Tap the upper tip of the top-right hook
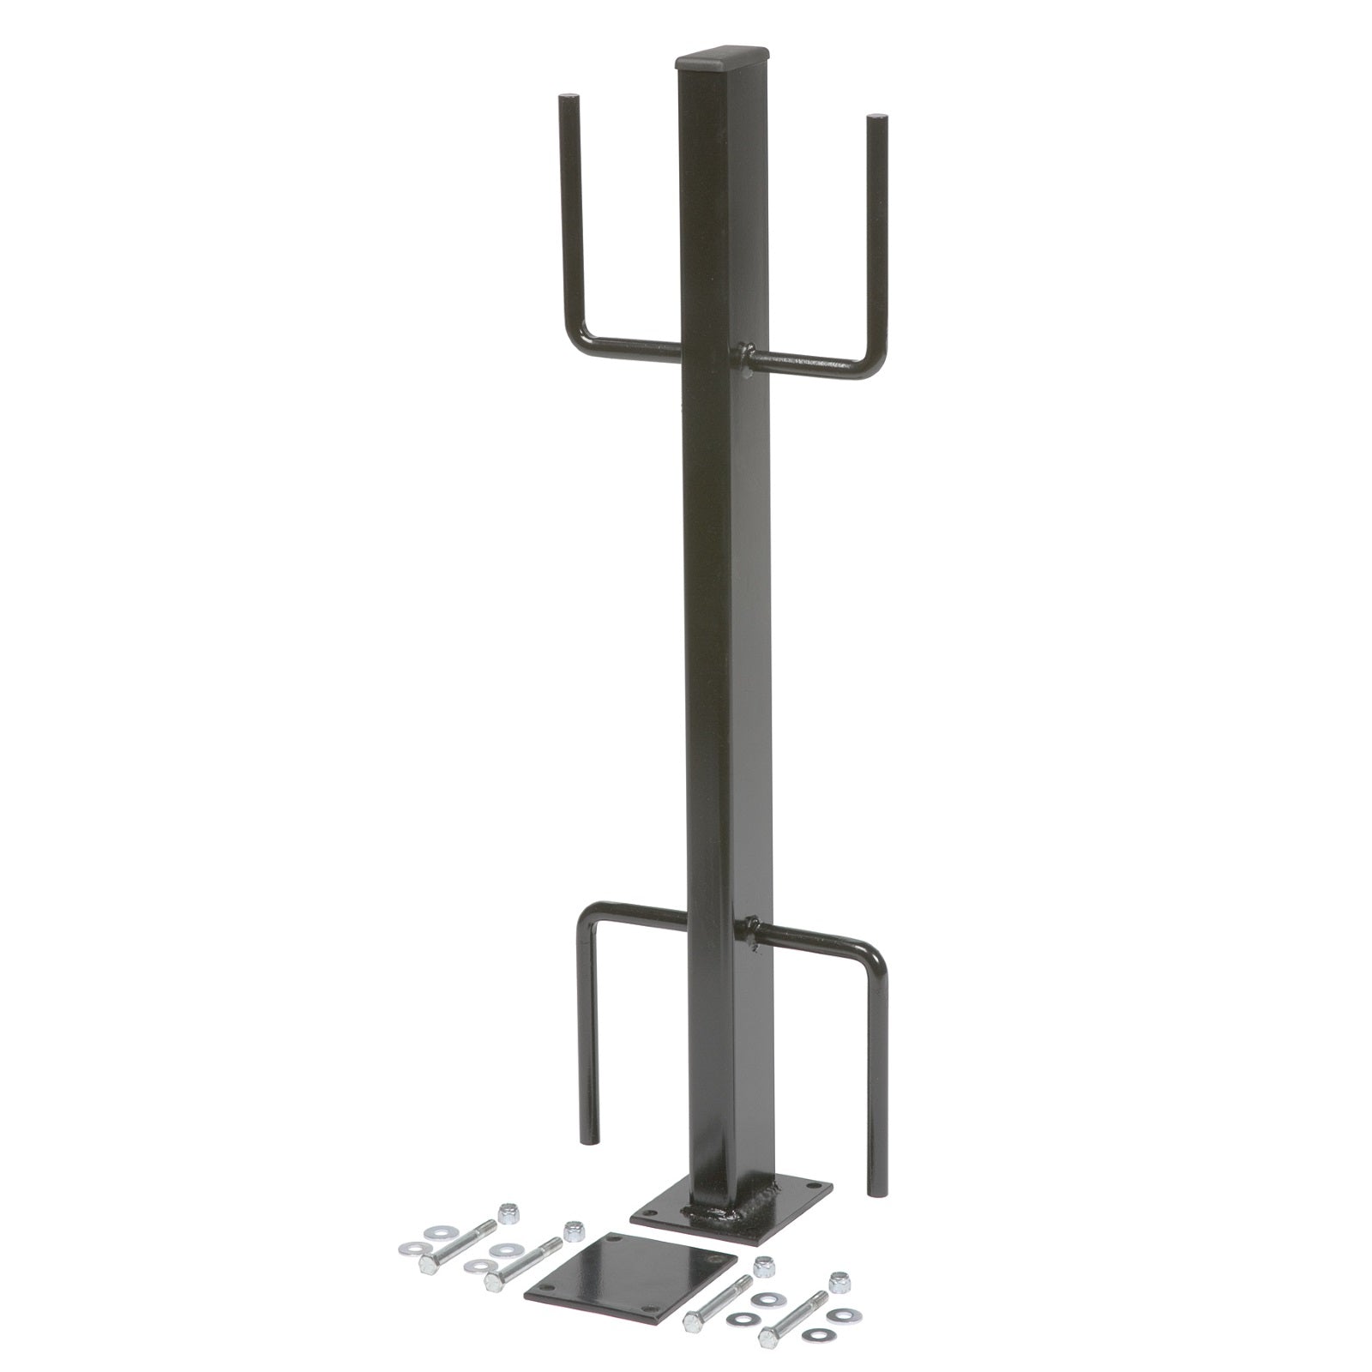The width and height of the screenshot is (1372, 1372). [873, 119]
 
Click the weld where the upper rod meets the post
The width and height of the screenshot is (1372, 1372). [743, 353]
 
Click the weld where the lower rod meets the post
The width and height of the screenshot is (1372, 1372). [748, 929]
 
